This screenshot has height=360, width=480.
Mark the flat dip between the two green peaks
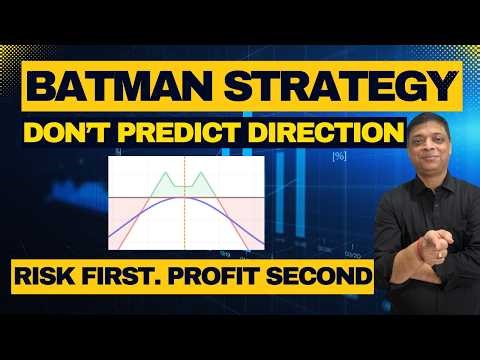coord(184,184)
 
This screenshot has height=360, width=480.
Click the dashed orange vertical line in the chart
coord(184,230)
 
